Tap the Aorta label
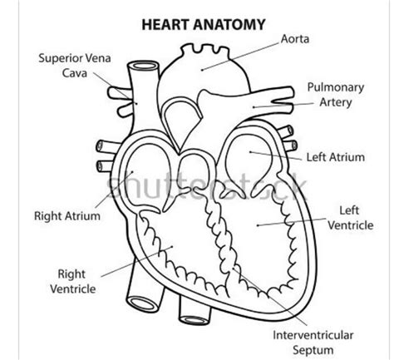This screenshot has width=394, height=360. pos(296,39)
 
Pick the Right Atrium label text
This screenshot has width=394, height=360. pos(66,216)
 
